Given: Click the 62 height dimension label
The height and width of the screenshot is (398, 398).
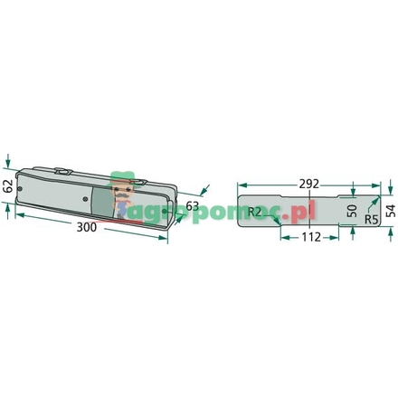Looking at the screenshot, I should (7, 186).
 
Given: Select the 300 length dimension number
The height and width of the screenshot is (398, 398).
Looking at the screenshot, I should (87, 227).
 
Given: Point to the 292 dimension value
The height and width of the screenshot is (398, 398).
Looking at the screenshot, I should (309, 185).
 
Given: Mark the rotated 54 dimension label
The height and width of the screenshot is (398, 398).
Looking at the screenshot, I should (391, 210).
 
